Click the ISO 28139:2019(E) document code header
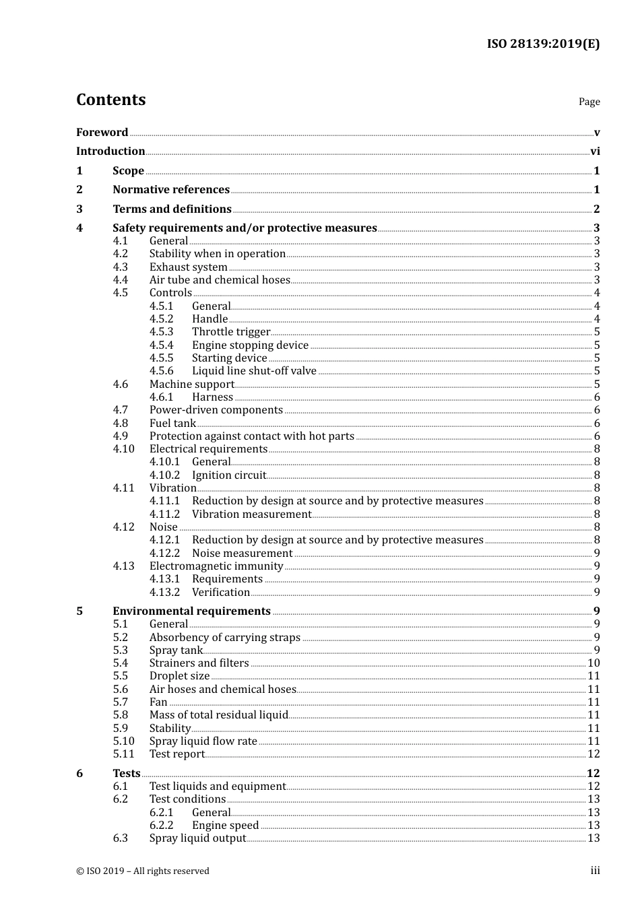pyautogui.click(x=543, y=44)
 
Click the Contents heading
pyautogui.click(x=110, y=100)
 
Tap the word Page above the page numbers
pyautogui.click(x=589, y=102)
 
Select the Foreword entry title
pyautogui.click(x=102, y=133)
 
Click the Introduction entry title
pyautogui.click(x=110, y=152)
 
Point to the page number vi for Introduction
pyautogui.click(x=595, y=152)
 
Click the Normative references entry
pyautogui.click(x=171, y=190)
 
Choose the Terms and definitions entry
pyautogui.click(x=172, y=209)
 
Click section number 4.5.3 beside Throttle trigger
pyautogui.click(x=161, y=332)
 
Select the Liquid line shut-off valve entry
pyautogui.click(x=254, y=371)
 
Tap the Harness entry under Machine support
pyautogui.click(x=212, y=397)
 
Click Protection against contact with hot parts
pyautogui.click(x=251, y=436)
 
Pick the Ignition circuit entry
pyautogui.click(x=229, y=475)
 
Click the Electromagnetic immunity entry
pyautogui.click(x=216, y=566)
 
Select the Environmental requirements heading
pyautogui.click(x=191, y=611)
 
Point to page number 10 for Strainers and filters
pyautogui.click(x=594, y=663)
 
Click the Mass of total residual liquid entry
pyautogui.click(x=218, y=715)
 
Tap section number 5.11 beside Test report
pyautogui.click(x=123, y=754)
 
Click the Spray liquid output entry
pyautogui.click(x=197, y=838)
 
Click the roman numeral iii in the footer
pyautogui.click(x=595, y=871)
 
